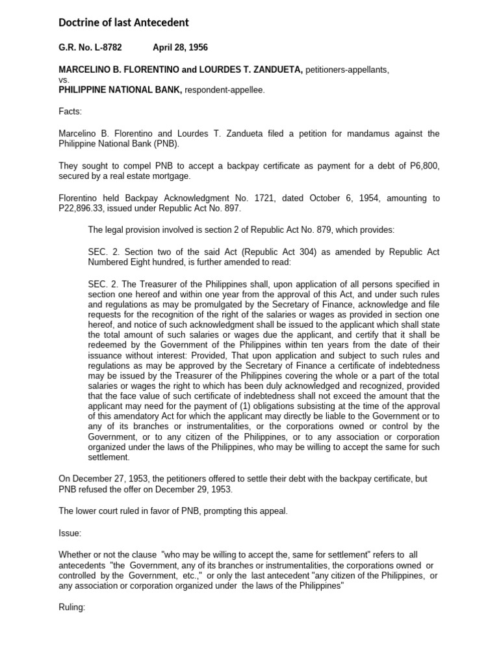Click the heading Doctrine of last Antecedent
point(123,23)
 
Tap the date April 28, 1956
point(180,48)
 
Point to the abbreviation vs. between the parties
point(64,80)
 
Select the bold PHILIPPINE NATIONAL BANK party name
point(120,90)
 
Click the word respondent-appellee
point(225,90)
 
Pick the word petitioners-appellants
point(347,70)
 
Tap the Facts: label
point(70,112)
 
